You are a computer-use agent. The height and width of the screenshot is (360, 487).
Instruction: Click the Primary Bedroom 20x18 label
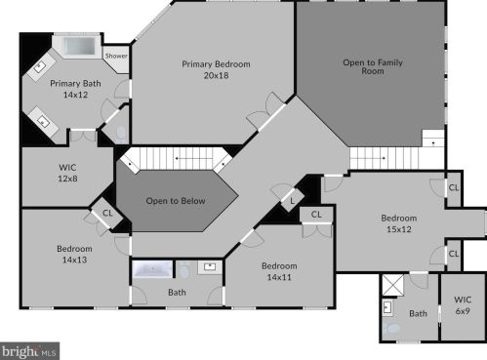(x=216, y=69)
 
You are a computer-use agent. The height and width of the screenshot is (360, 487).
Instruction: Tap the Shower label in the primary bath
(x=116, y=56)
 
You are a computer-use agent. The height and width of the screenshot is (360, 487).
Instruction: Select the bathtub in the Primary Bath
(x=79, y=46)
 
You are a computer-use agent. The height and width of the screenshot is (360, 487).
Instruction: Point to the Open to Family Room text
(x=373, y=66)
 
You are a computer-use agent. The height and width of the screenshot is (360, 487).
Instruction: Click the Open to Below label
(x=176, y=201)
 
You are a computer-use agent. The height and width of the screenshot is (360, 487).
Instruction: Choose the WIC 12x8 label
(x=67, y=173)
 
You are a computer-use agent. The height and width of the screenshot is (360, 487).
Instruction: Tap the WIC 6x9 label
(x=463, y=305)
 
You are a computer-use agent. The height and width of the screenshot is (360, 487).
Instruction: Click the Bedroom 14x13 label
(x=74, y=254)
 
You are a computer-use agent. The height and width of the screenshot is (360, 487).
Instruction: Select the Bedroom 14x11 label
(x=279, y=271)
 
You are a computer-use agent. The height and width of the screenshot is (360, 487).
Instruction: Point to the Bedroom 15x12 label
(x=399, y=223)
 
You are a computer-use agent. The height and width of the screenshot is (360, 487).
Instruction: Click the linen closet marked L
(x=292, y=201)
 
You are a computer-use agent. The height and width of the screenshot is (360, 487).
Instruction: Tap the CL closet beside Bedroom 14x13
(x=107, y=214)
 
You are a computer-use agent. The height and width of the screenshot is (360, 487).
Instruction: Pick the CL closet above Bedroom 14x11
(x=316, y=215)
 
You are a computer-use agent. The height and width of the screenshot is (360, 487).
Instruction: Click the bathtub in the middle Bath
(x=153, y=269)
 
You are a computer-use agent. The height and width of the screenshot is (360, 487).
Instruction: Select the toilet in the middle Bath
(x=184, y=269)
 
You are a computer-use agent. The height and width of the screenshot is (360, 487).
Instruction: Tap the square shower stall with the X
(x=392, y=285)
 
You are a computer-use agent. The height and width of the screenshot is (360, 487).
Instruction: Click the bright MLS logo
(x=29, y=351)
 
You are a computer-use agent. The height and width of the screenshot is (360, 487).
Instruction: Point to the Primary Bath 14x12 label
(x=75, y=89)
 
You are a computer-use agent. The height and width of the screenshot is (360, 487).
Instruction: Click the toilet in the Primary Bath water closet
(x=121, y=134)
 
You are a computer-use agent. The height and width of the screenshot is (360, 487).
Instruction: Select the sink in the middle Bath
(x=210, y=267)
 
